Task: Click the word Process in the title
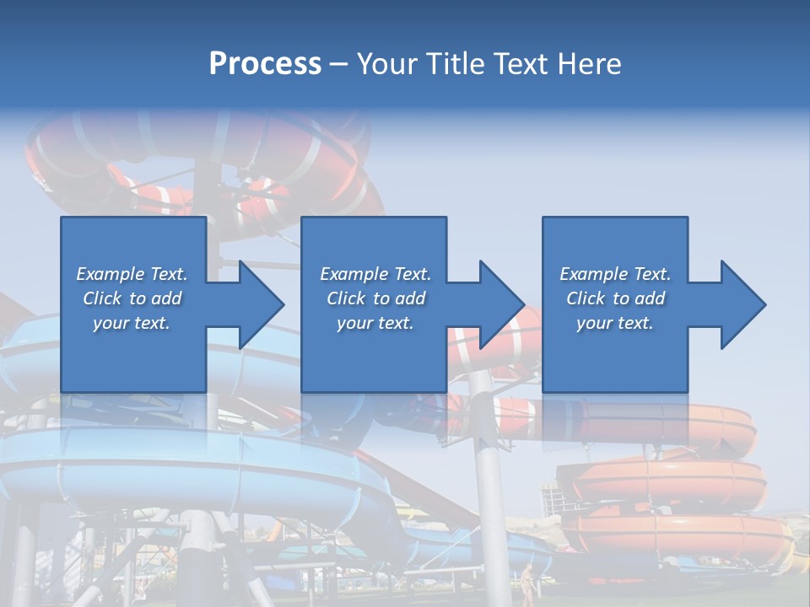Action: pyautogui.click(x=265, y=64)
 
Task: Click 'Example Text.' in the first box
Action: pyautogui.click(x=132, y=274)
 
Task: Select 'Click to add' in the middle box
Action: pyautogui.click(x=375, y=298)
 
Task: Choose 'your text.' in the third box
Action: pyautogui.click(x=615, y=323)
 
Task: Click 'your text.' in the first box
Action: pyautogui.click(x=132, y=323)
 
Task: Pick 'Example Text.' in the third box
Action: pyautogui.click(x=615, y=274)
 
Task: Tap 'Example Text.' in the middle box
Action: pyautogui.click(x=375, y=274)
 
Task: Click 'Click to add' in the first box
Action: pyautogui.click(x=132, y=298)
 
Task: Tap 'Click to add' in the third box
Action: pyautogui.click(x=615, y=298)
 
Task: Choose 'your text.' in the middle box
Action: pyautogui.click(x=375, y=323)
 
